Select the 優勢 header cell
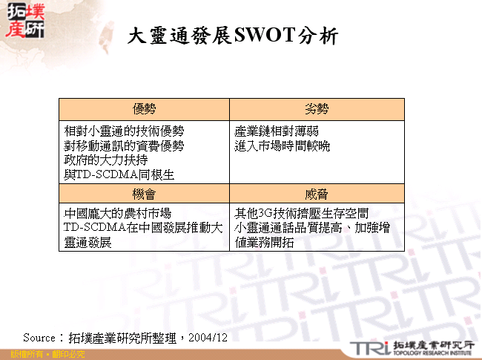(x=145, y=109)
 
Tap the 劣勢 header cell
(x=317, y=109)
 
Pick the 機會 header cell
(x=145, y=193)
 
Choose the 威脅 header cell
(x=317, y=193)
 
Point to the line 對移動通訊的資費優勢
(x=124, y=145)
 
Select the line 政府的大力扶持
(x=106, y=160)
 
